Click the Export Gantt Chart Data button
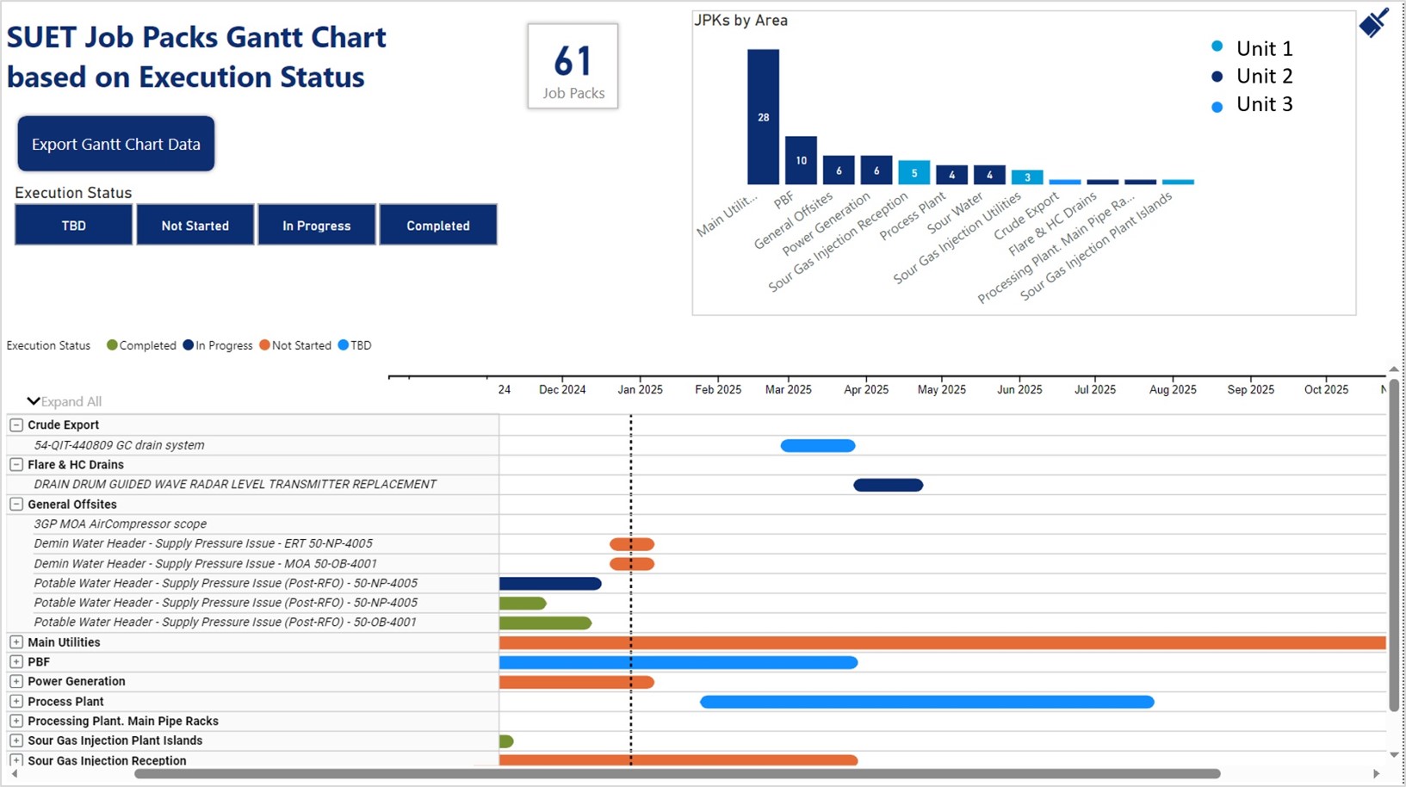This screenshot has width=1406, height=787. [116, 144]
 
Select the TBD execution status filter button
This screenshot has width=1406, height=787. [73, 225]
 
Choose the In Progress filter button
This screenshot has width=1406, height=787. [316, 225]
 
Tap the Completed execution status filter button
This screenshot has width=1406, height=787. [438, 225]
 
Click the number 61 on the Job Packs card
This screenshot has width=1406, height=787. [573, 61]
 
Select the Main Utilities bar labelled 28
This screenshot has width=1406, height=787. [763, 117]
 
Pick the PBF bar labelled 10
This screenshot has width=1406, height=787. [801, 160]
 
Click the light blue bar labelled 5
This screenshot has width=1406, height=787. [914, 172]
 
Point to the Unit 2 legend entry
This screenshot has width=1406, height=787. [1252, 76]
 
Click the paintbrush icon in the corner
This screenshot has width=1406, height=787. [1373, 23]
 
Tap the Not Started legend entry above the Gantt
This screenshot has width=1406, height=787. [295, 345]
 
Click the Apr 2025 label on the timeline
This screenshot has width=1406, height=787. [866, 390]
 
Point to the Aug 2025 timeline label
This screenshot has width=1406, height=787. [1173, 390]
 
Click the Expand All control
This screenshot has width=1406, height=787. [64, 401]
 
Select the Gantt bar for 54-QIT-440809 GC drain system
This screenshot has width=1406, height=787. [818, 445]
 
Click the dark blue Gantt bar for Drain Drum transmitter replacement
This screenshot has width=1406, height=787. [889, 485]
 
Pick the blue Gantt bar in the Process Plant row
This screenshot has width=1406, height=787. [927, 702]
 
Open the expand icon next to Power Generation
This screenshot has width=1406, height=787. [16, 681]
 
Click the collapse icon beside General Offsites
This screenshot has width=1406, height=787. [16, 504]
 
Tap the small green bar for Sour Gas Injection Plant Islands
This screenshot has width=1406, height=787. [506, 741]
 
